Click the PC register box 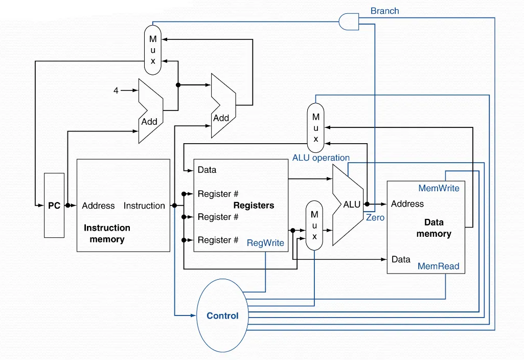tap(54, 206)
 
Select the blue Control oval tap(222, 316)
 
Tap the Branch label tap(384, 11)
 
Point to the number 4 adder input tap(116, 91)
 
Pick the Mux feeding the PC tap(153, 50)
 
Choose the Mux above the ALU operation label tap(315, 127)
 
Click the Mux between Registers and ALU tap(314, 225)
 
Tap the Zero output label tap(375, 217)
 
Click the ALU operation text tap(321, 157)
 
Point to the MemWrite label tap(439, 188)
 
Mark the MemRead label tap(438, 266)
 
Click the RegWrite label tap(265, 243)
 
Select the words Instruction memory tap(107, 233)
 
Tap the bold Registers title tap(254, 206)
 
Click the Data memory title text tap(434, 228)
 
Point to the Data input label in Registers tap(207, 170)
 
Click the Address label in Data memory tap(407, 204)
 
